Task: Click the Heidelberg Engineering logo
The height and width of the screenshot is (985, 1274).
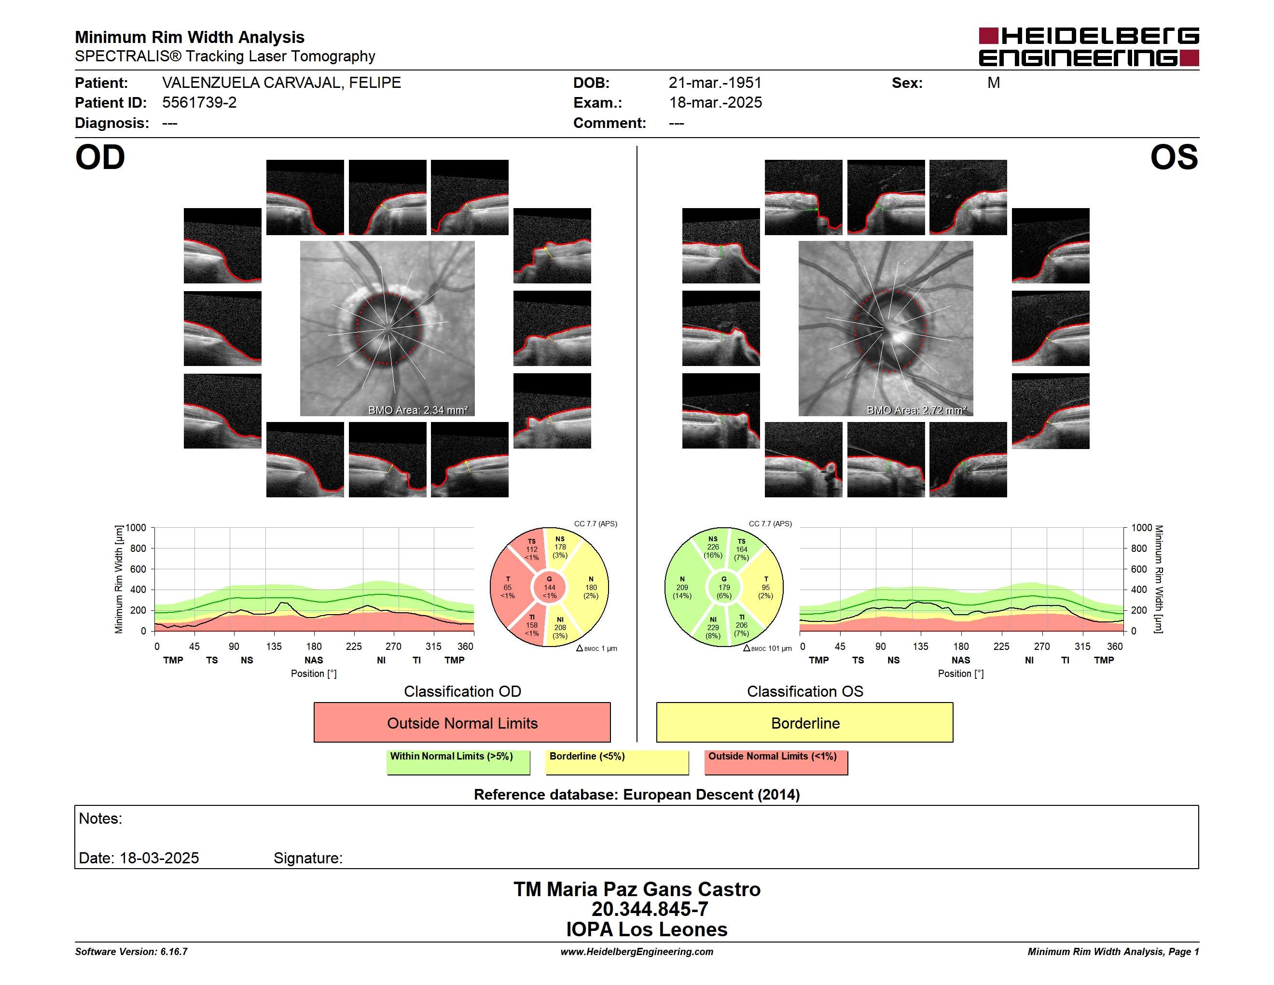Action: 1089,47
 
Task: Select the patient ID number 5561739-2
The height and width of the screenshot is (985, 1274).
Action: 199,103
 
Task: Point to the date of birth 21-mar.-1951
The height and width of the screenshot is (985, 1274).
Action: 715,83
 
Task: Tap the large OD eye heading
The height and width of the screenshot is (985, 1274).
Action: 100,157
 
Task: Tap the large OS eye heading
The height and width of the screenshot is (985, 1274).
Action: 1174,157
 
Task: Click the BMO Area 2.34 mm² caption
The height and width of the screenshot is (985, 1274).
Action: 417,410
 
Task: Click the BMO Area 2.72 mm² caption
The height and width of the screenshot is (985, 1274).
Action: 916,410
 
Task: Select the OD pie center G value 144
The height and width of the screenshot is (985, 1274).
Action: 550,588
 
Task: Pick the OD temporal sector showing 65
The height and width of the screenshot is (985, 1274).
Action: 508,588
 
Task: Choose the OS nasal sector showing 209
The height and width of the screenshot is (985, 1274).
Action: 682,588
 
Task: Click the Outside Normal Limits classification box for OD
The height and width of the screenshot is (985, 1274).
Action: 462,722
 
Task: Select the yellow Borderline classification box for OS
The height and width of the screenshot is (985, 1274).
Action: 805,722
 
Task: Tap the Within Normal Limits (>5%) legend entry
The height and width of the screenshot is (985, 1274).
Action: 458,762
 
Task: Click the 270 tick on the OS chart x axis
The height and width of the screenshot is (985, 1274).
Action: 1042,646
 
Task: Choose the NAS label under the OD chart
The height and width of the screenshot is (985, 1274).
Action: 314,660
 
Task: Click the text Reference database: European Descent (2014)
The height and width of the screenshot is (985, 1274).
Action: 637,795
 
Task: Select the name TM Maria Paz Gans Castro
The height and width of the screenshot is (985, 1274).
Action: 637,889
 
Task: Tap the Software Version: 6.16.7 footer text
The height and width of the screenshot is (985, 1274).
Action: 131,952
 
